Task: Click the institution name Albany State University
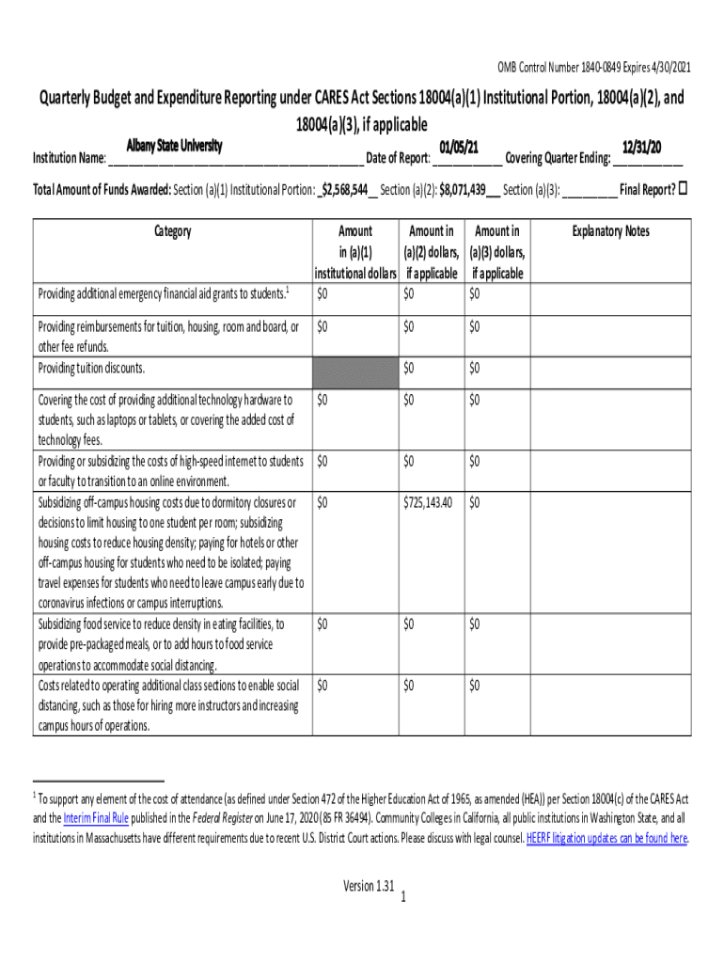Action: (174, 146)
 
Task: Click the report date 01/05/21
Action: (459, 147)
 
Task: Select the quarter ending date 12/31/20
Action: (642, 147)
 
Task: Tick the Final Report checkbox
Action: (684, 188)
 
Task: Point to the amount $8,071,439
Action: (467, 189)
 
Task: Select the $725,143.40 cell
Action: (428, 503)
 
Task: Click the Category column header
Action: (171, 231)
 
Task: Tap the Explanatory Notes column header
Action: (610, 231)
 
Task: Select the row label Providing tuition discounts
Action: (91, 368)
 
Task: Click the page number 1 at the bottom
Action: (401, 897)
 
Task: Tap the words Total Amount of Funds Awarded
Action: (101, 189)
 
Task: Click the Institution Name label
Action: (69, 157)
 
